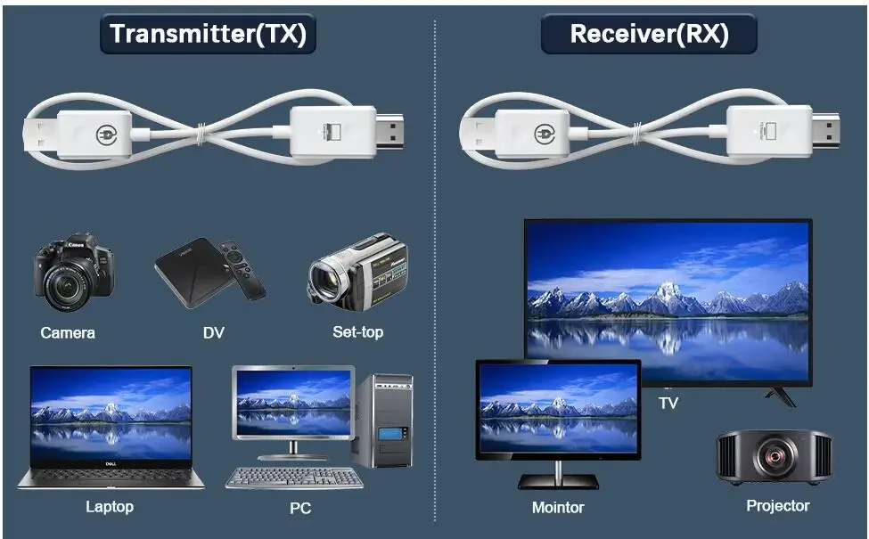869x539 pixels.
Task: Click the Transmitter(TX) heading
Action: click(x=208, y=34)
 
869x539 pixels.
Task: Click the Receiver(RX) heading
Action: click(x=649, y=34)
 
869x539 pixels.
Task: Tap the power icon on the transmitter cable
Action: click(x=106, y=135)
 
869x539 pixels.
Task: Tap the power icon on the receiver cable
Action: click(x=545, y=134)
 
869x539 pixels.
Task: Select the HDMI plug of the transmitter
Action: click(x=389, y=131)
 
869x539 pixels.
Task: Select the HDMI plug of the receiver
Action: click(x=825, y=131)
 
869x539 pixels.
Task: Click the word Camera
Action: click(x=68, y=333)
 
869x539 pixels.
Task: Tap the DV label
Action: click(x=213, y=333)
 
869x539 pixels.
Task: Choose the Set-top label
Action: click(x=358, y=332)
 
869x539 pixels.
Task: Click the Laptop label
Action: click(x=110, y=507)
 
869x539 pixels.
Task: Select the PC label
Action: click(x=300, y=508)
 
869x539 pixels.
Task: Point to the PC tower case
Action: click(x=383, y=421)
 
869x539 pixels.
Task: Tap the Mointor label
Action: click(x=558, y=508)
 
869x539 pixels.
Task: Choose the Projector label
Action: click(x=777, y=506)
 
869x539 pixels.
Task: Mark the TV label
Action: click(x=669, y=403)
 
